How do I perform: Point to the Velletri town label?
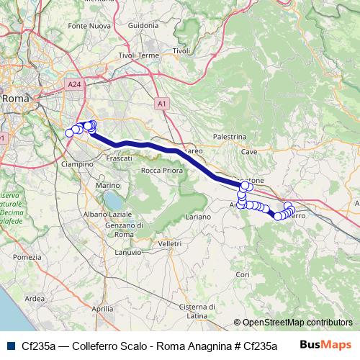169,244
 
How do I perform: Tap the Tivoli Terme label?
139,55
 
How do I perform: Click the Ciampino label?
79,164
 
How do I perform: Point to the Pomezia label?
27,256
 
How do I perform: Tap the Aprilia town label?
103,307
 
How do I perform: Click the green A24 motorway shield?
73,85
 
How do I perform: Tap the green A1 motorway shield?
161,104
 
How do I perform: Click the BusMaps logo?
325,345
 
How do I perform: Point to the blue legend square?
9,345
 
